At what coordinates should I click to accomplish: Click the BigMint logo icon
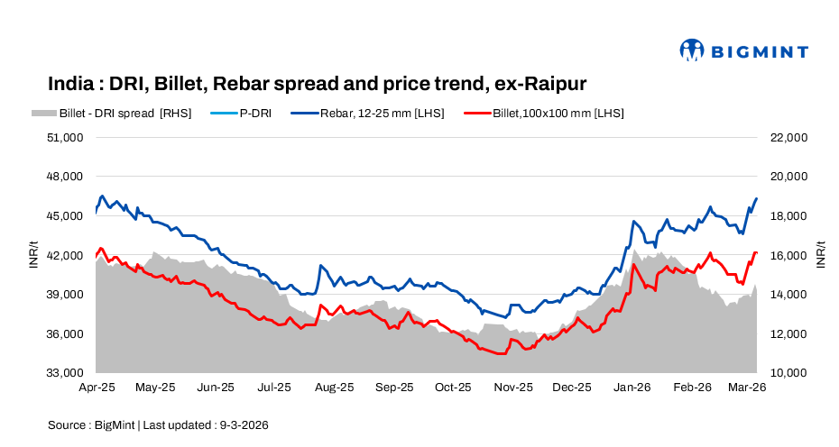pyautogui.click(x=691, y=50)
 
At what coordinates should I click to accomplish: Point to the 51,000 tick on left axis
pyautogui.click(x=66, y=138)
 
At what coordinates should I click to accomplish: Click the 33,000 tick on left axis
pyautogui.click(x=66, y=373)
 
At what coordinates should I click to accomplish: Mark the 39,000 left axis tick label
pyautogui.click(x=66, y=295)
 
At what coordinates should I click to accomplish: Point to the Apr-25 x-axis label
pyautogui.click(x=96, y=388)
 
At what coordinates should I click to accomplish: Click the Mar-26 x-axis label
pyautogui.click(x=748, y=388)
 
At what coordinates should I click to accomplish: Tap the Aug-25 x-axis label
pyautogui.click(x=335, y=388)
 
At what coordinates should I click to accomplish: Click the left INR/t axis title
pyautogui.click(x=34, y=255)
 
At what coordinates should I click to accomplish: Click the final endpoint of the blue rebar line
pyautogui.click(x=756, y=198)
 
